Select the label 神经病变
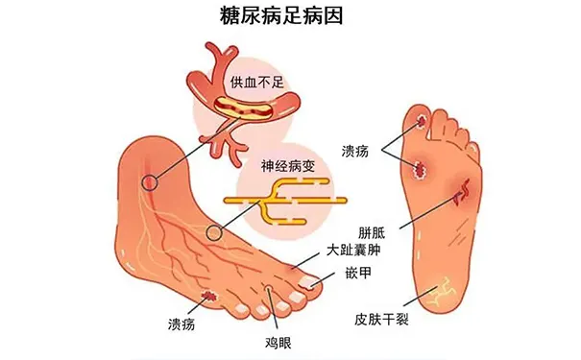(x=286, y=165)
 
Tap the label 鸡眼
(x=278, y=340)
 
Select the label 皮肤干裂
(x=382, y=317)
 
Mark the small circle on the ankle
(x=149, y=181)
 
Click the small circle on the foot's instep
(x=214, y=233)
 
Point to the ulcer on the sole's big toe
(x=423, y=121)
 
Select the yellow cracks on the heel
(x=446, y=290)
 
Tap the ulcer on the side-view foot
(x=210, y=296)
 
